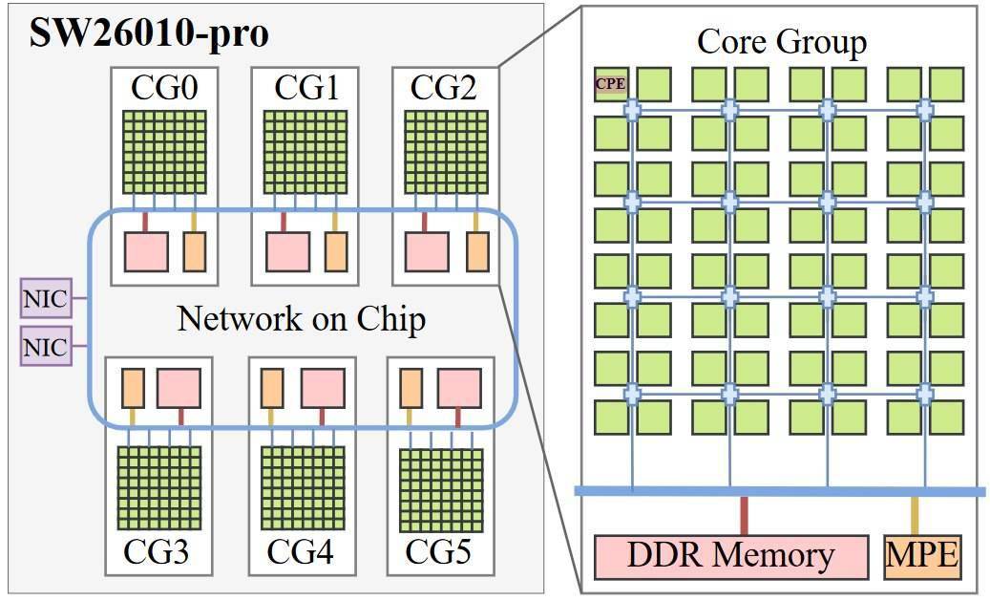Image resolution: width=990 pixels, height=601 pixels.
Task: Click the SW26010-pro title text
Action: (150, 32)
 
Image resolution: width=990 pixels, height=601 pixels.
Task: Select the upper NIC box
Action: (46, 298)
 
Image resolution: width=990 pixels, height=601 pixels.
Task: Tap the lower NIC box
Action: (46, 346)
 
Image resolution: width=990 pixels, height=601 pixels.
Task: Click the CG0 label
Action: (164, 87)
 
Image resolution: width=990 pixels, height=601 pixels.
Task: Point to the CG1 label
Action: (306, 87)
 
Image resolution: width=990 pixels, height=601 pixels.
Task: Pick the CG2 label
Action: (443, 87)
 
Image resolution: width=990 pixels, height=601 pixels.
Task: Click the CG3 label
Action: (156, 551)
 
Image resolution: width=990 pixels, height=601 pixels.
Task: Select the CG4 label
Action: (300, 551)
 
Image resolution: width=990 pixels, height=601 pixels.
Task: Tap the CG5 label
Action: (437, 551)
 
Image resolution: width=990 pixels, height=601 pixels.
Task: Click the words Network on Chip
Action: (301, 318)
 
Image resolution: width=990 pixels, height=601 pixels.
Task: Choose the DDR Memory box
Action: (731, 557)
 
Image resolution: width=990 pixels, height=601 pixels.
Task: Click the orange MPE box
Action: (922, 557)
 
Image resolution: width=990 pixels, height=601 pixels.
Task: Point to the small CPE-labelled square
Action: (611, 84)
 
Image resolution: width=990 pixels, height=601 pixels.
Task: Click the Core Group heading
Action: (782, 42)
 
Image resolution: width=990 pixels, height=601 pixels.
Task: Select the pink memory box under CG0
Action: (146, 251)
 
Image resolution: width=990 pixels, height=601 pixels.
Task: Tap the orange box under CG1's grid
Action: (336, 251)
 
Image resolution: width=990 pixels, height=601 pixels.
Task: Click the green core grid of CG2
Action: (446, 152)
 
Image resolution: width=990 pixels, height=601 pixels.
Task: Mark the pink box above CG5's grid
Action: (459, 389)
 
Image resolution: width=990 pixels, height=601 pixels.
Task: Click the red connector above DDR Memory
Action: (744, 516)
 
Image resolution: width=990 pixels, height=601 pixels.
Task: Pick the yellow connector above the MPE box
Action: (915, 516)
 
